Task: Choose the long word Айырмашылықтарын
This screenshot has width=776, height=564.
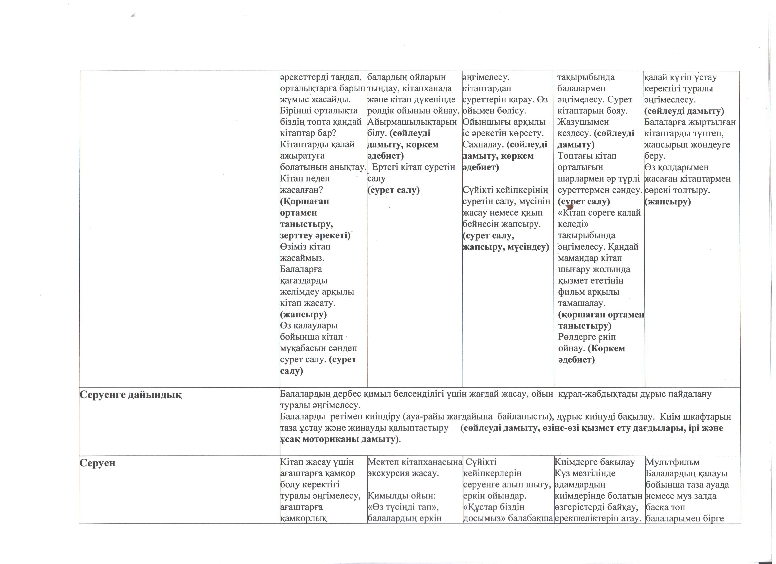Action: [412, 122]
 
